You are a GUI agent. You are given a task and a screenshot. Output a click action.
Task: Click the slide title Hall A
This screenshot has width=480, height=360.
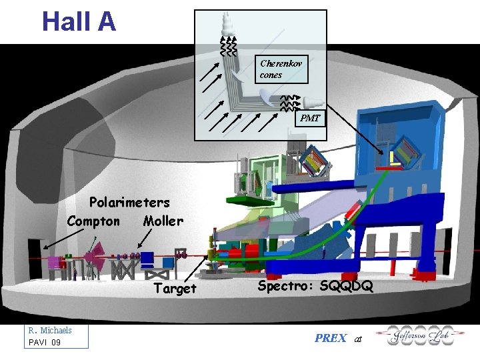click(x=79, y=21)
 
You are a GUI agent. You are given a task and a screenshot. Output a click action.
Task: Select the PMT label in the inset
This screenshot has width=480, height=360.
click(x=309, y=119)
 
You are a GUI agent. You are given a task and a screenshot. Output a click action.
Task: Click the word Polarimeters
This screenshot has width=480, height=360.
click(x=129, y=202)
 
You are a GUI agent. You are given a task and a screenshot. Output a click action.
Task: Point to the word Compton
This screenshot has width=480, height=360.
click(x=93, y=221)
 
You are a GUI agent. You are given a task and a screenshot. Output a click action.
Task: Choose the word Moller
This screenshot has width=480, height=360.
click(x=163, y=221)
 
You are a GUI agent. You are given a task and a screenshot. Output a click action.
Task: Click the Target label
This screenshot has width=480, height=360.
click(x=175, y=289)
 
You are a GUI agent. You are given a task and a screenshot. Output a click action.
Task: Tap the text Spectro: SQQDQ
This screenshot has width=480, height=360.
click(x=315, y=287)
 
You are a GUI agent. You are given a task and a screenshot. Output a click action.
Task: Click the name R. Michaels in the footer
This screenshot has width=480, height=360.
click(x=50, y=331)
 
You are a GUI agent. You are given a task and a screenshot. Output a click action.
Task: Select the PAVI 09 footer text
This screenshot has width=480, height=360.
click(x=45, y=343)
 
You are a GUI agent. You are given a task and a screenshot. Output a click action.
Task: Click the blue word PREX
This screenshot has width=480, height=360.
click(x=330, y=338)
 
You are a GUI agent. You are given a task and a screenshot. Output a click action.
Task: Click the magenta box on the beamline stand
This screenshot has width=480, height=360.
click(x=54, y=263)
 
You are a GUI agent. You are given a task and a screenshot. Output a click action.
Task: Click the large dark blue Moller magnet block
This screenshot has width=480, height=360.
click(x=147, y=259)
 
